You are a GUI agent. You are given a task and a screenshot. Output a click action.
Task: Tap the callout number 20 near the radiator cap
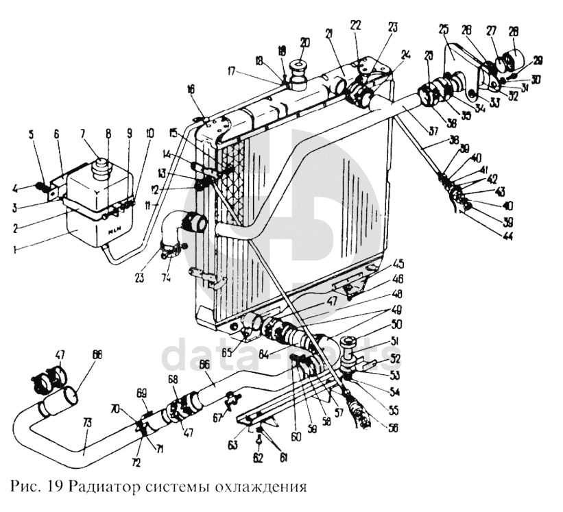[x=304, y=42]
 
